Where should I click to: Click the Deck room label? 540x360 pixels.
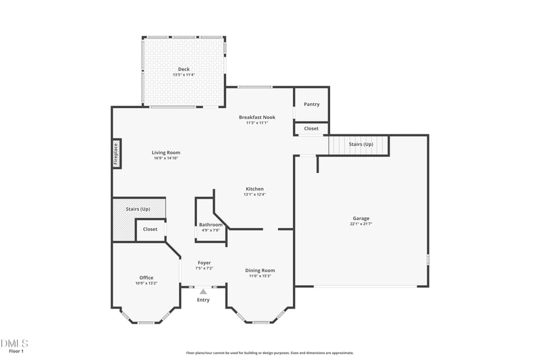pos(184,69)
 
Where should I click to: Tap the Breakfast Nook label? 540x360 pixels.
pos(257,118)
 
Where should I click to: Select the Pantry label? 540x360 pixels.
pos(311,104)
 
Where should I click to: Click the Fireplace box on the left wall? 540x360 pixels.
pos(115,153)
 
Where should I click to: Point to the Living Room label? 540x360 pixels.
pos(166,153)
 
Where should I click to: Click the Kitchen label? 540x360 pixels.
pos(254,188)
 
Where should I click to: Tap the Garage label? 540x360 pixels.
pos(361,218)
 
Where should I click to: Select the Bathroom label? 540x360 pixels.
pos(211,225)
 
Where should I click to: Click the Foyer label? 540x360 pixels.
pos(205,263)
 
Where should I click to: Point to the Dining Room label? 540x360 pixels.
pos(260,271)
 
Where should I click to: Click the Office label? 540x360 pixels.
pos(146,278)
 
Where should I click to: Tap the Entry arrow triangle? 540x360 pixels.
pos(202,291)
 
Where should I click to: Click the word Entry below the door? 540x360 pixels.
pos(203,300)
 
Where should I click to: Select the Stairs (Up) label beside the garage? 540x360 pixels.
pos(360,145)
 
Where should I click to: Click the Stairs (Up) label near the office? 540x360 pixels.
pos(138,209)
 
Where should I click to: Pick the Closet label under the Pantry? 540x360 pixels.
pos(311,128)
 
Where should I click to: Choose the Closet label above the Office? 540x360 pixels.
pos(150,230)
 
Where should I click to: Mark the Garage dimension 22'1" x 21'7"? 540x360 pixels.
pos(361,224)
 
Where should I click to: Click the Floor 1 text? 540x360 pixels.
pos(16,351)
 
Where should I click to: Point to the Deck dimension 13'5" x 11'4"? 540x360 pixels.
pos(184,74)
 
